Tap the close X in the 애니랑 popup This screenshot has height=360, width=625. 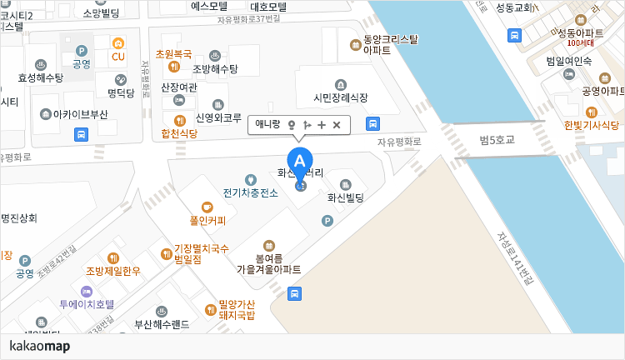point(337,125)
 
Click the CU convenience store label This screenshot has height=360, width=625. point(118,57)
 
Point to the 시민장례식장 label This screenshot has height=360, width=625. point(340,97)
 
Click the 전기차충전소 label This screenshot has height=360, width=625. point(250,192)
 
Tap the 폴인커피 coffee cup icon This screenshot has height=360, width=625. point(207,207)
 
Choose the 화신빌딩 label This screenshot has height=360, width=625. point(347,198)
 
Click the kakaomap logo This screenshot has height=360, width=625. point(40,346)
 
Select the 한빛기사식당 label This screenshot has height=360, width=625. point(591,125)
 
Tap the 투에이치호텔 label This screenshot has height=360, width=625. point(87,305)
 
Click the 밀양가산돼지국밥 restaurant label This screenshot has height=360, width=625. point(236,309)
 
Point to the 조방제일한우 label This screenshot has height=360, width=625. point(113,271)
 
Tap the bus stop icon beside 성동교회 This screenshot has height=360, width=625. point(515,36)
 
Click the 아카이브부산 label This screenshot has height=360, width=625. point(80,113)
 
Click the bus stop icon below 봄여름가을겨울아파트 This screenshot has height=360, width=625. point(294,293)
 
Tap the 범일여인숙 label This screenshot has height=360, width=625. point(568,61)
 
